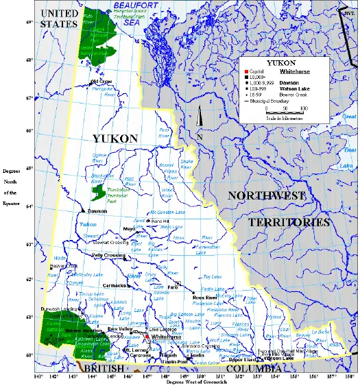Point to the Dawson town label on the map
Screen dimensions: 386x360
(x=97, y=211)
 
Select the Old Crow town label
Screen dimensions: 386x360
(x=101, y=82)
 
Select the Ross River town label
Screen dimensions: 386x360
(x=204, y=297)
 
